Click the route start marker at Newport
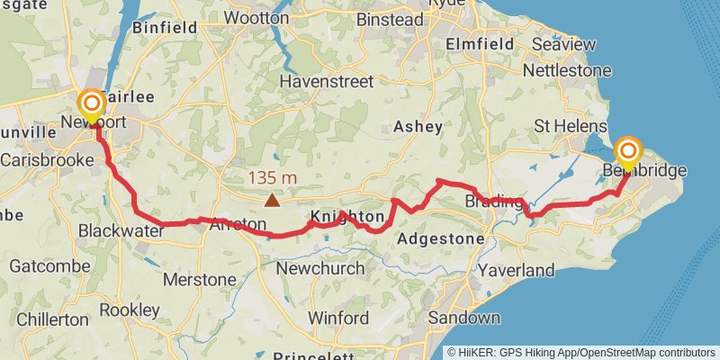tap(91, 105)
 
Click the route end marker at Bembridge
tap(628, 151)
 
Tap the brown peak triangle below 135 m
tap(271, 200)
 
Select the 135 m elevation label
tap(271, 178)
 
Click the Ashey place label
tap(418, 127)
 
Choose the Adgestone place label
tap(441, 239)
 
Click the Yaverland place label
tap(517, 270)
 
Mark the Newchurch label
tap(320, 268)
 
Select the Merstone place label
tap(199, 279)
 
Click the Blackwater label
tap(121, 230)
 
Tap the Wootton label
tap(256, 18)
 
